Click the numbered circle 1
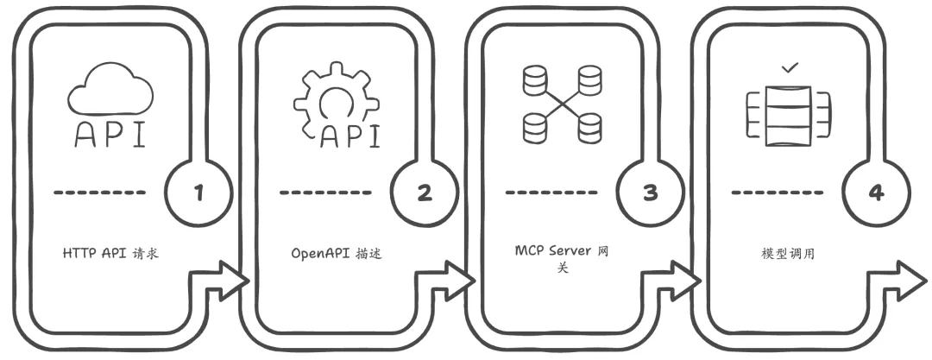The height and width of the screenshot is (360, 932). (x=199, y=193)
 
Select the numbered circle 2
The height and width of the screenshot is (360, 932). (x=424, y=193)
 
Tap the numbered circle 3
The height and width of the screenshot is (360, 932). (x=650, y=193)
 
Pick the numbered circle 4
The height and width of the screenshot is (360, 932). (x=876, y=193)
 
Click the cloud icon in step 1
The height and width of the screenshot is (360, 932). (x=110, y=88)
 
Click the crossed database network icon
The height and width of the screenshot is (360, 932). (x=562, y=104)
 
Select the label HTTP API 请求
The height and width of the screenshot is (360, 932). (x=112, y=254)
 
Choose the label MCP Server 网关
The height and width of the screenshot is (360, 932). (x=562, y=258)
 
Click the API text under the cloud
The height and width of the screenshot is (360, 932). (x=110, y=136)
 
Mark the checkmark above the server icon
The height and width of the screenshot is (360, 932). (x=788, y=66)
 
